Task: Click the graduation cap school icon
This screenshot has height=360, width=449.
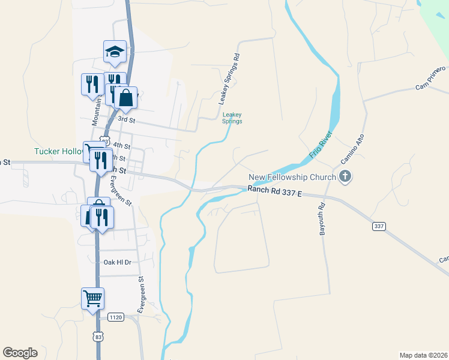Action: coord(115,52)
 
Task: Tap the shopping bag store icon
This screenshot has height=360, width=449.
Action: coord(125,97)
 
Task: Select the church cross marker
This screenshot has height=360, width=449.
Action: coord(345,176)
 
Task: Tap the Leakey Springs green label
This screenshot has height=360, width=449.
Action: coord(232,118)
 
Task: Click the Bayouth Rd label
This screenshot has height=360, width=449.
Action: coord(322,218)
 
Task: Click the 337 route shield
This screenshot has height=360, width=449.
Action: coord(379,226)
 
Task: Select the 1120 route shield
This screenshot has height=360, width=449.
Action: coord(115,316)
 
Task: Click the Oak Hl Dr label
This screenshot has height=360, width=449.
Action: coord(118,262)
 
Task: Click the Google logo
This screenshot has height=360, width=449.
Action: coord(20,353)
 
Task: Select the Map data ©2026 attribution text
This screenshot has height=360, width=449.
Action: coord(423,355)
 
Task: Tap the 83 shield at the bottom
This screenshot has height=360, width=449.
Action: coord(98,337)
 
